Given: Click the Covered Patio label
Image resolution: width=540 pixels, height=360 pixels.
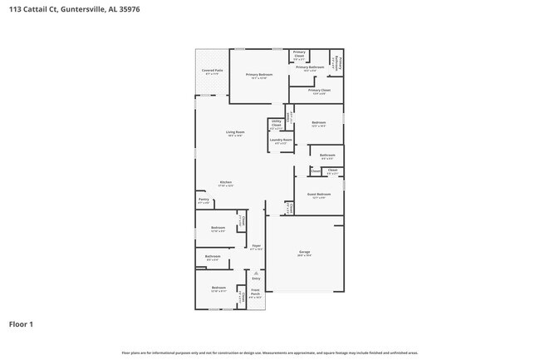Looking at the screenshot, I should (213, 72).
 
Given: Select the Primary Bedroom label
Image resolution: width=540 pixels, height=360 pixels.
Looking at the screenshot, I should (259, 76).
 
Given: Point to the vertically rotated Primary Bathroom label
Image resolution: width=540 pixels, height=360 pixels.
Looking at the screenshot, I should (336, 61).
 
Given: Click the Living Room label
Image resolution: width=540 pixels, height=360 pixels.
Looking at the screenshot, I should (235, 133).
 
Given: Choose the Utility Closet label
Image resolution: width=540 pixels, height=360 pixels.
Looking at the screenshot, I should (277, 126).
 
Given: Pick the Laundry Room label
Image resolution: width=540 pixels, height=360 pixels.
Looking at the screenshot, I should (281, 141).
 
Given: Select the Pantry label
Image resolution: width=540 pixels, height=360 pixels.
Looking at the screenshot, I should (204, 200).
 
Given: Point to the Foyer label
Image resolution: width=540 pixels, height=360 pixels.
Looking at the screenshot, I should (257, 247).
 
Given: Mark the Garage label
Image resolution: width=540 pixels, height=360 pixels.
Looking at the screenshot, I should (305, 254).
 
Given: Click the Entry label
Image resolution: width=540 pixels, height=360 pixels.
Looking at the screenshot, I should (256, 279).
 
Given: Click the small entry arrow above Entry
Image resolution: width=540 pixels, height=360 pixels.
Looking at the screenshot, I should (256, 272).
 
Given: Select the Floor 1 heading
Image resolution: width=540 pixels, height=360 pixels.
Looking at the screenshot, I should (21, 323).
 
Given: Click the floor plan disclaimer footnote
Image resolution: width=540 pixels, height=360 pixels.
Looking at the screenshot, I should (270, 353).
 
